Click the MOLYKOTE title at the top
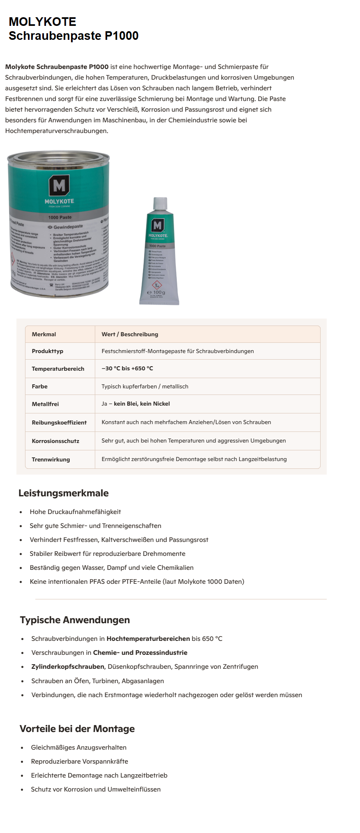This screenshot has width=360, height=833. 42,21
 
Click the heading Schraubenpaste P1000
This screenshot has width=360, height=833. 73,36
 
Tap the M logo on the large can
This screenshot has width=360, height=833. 59,186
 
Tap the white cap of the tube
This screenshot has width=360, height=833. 160,204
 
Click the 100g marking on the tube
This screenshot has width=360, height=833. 156,293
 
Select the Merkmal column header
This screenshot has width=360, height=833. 44,334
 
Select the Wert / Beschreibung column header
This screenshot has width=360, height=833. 130,334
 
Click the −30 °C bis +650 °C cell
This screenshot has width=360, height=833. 127,368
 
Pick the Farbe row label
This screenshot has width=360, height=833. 39,386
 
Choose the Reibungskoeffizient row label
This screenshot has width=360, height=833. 59,422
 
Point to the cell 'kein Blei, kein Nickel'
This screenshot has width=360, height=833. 142,404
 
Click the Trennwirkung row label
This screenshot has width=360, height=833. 50,459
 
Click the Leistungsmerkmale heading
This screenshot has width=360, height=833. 64,493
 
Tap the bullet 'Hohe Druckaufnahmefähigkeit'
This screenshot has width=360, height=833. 75,512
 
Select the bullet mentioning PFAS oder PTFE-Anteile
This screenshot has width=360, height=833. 137,581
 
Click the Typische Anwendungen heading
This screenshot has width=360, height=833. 75,620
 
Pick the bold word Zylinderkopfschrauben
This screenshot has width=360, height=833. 68,666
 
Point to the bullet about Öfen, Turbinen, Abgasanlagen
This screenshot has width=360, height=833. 97,681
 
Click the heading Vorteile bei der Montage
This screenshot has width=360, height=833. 77,729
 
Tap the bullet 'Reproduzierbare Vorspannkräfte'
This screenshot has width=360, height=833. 79,761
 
